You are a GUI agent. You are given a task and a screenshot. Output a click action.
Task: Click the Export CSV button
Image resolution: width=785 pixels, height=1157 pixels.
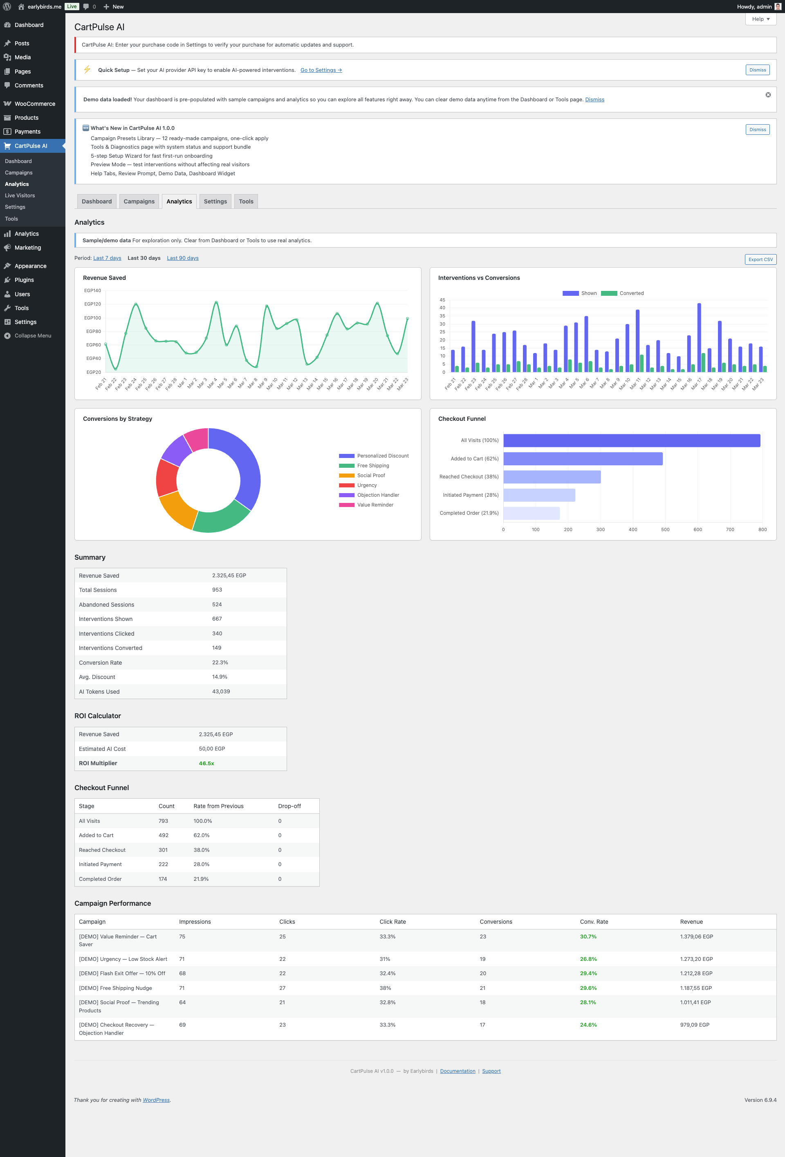760,259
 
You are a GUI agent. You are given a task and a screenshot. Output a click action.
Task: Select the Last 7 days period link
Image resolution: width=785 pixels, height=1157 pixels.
107,258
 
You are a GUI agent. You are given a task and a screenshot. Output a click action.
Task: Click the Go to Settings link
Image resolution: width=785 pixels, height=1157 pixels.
321,70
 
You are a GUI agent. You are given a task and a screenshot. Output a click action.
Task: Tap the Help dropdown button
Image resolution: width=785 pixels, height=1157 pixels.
760,19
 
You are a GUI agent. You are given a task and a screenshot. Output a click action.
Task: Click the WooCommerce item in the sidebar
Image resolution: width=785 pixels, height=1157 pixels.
34,103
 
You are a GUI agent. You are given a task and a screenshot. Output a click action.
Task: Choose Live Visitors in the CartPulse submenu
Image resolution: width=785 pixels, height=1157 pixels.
20,196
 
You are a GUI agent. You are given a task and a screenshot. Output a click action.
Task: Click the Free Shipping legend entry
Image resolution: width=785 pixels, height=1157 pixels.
372,465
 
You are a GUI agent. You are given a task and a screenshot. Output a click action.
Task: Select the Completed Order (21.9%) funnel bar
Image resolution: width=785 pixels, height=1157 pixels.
531,513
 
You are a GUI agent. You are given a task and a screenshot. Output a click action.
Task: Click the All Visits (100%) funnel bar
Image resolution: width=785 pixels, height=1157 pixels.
631,440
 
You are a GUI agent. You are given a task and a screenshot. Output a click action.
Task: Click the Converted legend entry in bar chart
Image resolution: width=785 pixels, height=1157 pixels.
623,293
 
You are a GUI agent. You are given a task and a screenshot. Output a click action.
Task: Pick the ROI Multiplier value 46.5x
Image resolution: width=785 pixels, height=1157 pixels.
206,763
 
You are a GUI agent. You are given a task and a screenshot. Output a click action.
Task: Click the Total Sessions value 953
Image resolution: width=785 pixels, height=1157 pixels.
217,590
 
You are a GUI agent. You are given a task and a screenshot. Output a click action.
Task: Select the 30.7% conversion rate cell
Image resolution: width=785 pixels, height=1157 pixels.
588,936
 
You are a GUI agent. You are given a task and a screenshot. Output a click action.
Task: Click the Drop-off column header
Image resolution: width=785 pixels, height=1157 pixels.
289,806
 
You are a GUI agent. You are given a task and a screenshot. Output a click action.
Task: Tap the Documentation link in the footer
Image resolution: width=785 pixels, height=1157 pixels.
457,1071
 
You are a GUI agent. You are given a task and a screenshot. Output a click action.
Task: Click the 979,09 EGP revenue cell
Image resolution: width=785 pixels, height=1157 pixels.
694,1025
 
